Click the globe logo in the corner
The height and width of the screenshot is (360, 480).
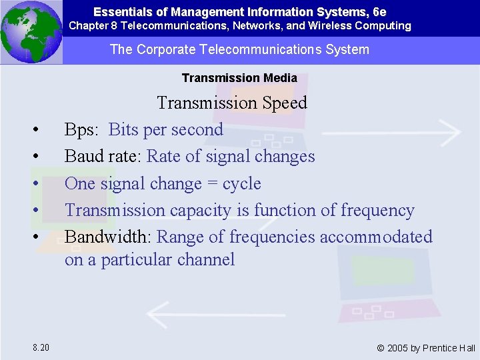coord(31,31)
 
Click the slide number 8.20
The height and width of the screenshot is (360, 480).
coord(41,347)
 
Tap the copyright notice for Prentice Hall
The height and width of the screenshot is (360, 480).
coord(426,347)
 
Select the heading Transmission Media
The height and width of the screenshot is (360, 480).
coord(239,78)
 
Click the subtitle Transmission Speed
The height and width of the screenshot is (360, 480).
coord(232,103)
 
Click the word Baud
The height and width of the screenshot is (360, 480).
coord(82,157)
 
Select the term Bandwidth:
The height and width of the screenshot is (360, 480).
coord(109,237)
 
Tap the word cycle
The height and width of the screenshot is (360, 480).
coord(241,184)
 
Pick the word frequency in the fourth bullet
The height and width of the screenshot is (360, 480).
coord(377,211)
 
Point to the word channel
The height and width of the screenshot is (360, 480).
coord(207,259)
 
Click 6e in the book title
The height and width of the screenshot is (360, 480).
coord(379,12)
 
